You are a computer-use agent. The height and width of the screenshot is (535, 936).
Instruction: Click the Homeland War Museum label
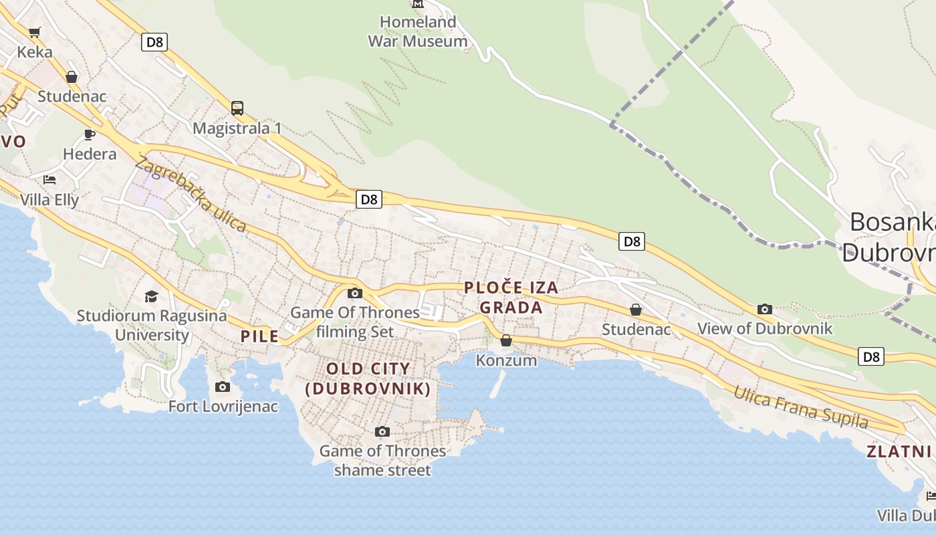[418, 31]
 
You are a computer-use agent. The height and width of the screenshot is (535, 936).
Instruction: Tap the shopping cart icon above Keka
[35, 32]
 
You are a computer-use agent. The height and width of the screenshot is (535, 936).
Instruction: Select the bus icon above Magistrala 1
[237, 108]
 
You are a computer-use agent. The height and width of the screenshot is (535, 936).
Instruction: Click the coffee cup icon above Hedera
[90, 134]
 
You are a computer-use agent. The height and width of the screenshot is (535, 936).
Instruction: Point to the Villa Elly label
[49, 199]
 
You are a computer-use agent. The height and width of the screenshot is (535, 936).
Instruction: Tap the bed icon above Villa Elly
[49, 179]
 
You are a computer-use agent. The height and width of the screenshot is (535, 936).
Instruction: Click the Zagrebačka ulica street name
[191, 194]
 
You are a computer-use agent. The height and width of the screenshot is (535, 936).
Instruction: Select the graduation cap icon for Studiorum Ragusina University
[152, 296]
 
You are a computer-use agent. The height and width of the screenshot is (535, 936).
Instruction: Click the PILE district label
[259, 336]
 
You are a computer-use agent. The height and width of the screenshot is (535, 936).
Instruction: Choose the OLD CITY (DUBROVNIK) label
[368, 379]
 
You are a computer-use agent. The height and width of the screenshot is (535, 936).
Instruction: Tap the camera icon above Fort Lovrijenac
[223, 387]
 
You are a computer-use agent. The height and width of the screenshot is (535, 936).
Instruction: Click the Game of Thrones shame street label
[382, 461]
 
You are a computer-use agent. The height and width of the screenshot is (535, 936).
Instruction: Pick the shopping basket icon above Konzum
[506, 340]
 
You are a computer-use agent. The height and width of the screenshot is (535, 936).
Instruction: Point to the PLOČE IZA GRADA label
[511, 298]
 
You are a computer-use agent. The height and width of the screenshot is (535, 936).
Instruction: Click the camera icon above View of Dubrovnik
[765, 309]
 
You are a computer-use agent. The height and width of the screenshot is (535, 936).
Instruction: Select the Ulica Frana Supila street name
[800, 407]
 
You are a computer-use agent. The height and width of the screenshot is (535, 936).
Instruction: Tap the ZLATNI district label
[899, 451]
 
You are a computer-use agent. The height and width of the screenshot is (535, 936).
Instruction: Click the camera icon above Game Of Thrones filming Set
[355, 293]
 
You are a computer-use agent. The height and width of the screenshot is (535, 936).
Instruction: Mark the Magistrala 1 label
[237, 128]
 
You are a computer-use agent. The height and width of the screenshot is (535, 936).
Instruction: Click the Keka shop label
[35, 51]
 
